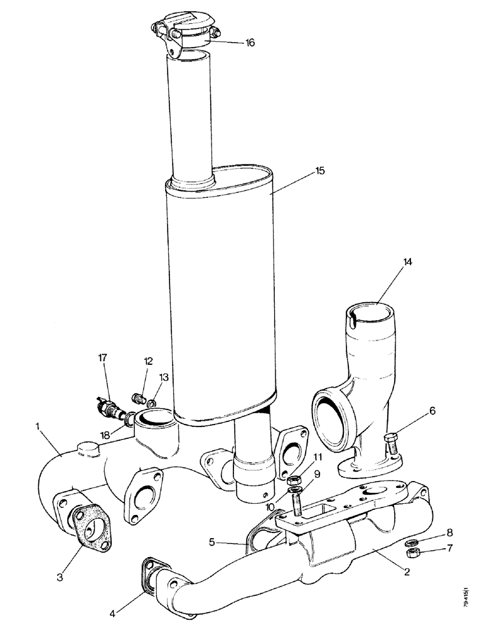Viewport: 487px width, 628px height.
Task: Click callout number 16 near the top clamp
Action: (250, 43)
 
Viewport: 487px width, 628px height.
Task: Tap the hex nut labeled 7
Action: (414, 553)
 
